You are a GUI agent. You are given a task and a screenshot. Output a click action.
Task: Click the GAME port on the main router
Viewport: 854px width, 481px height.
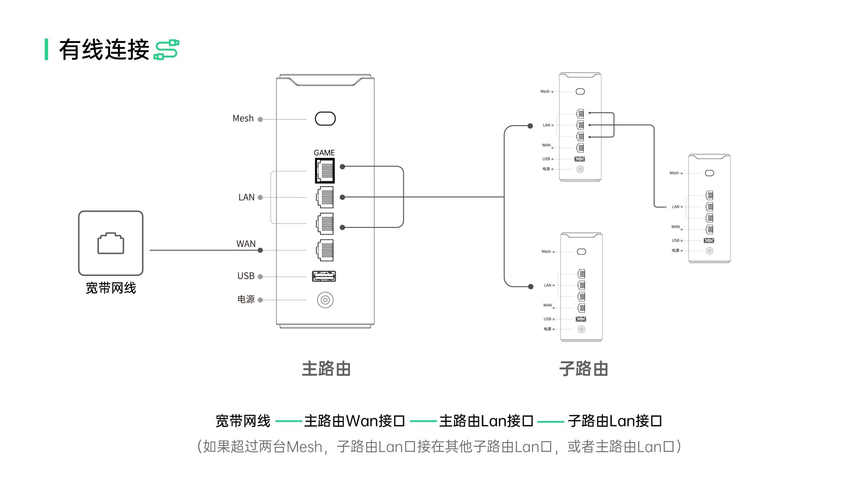tap(325, 170)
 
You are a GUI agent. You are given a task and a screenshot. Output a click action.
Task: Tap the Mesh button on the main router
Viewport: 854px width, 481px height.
tap(325, 119)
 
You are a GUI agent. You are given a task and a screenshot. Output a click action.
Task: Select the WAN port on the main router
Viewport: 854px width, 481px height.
tap(325, 251)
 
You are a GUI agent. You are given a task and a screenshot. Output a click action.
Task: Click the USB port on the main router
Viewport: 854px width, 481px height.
tap(324, 276)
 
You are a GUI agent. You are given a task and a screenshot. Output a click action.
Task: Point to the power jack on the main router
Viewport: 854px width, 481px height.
tap(325, 300)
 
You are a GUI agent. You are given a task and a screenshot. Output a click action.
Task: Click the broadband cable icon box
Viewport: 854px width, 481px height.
tap(111, 243)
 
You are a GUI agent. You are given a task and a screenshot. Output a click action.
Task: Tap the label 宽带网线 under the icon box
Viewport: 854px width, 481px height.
tap(111, 288)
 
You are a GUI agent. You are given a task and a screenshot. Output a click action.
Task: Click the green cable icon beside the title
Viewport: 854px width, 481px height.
tap(166, 50)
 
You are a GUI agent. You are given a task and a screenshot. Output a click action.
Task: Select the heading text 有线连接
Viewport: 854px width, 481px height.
tap(104, 50)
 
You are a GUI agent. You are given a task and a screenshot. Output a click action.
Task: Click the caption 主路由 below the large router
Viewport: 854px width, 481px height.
tap(326, 369)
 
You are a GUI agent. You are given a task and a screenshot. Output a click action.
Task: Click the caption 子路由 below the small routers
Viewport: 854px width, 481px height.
tap(583, 369)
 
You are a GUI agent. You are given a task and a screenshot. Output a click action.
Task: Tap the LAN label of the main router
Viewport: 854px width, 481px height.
tap(246, 197)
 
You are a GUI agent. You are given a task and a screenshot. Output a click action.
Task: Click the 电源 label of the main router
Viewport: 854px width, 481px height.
tap(246, 299)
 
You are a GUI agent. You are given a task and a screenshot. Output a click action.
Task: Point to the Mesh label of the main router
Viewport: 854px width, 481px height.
tap(243, 119)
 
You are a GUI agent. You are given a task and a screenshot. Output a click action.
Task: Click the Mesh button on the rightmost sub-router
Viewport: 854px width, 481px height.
tap(709, 173)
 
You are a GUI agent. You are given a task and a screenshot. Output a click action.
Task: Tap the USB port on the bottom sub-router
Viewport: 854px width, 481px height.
tap(581, 319)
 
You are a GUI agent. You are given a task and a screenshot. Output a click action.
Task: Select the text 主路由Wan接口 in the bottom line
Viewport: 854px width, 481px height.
tap(354, 421)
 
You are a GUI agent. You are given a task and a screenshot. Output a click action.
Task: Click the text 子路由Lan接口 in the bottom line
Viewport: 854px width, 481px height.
tap(615, 421)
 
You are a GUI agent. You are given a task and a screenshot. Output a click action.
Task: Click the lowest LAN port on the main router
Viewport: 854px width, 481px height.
tap(325, 223)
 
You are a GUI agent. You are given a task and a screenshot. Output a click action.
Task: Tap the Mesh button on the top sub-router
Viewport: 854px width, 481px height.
tap(580, 91)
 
